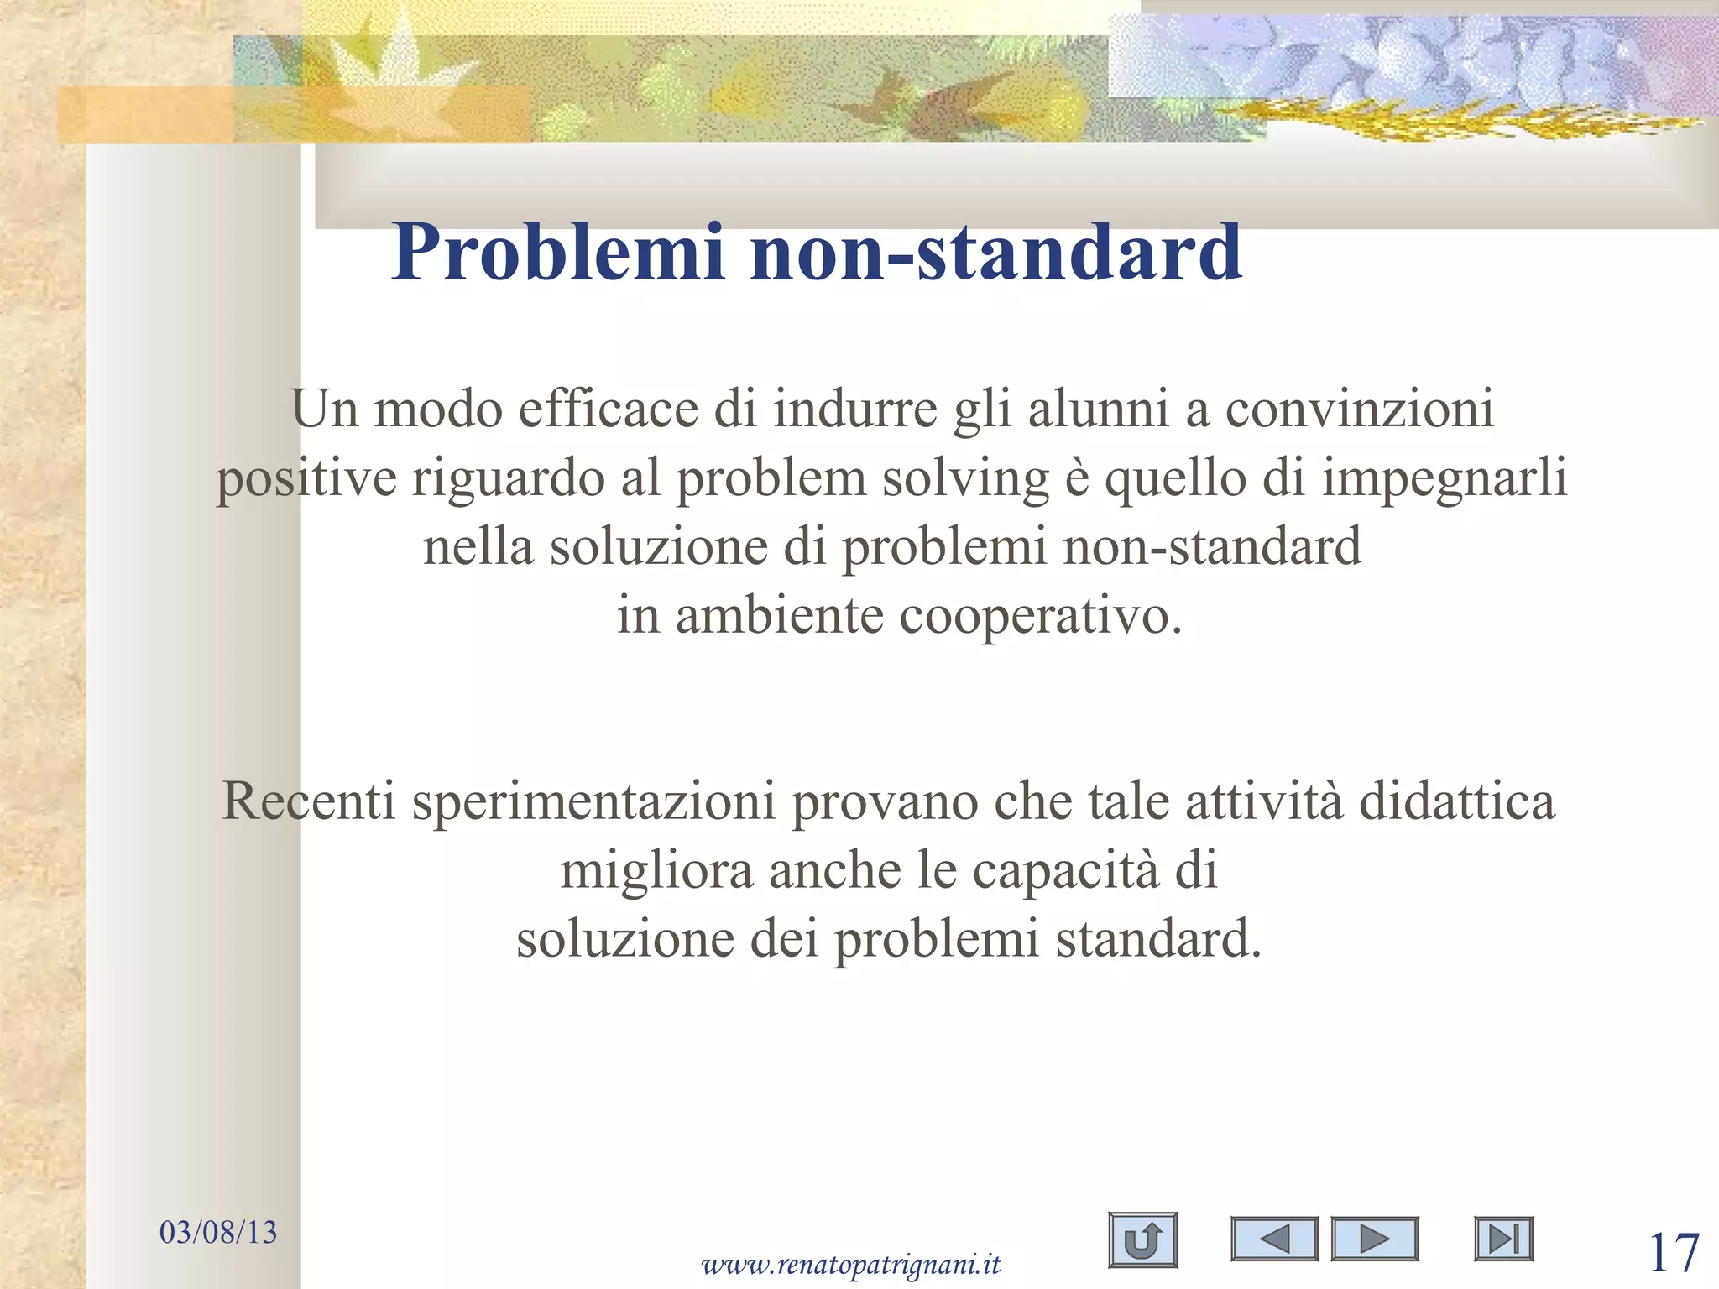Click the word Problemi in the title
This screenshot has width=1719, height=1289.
(x=557, y=253)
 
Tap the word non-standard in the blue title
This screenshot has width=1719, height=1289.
(x=996, y=253)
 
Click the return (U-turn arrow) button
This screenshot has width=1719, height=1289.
(x=1142, y=1239)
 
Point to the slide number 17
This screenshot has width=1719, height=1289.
(x=1674, y=1253)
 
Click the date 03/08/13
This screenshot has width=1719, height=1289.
(x=218, y=1232)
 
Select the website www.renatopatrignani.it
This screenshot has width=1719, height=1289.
(x=850, y=1263)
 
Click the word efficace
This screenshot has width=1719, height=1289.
(x=608, y=410)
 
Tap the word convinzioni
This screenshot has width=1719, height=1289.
(x=1360, y=410)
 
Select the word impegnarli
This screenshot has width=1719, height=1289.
(x=1444, y=478)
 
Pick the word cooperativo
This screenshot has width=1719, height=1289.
(x=1040, y=615)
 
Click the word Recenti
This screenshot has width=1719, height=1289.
(x=308, y=801)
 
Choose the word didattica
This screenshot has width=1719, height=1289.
(x=1456, y=801)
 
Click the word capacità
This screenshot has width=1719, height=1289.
(x=1065, y=869)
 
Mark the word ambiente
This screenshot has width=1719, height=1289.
(x=780, y=615)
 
